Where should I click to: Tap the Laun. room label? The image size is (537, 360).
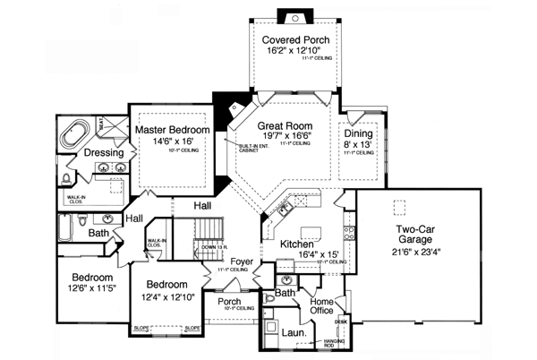pos(295,333)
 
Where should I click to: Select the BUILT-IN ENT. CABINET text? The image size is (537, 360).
pos(251,148)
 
